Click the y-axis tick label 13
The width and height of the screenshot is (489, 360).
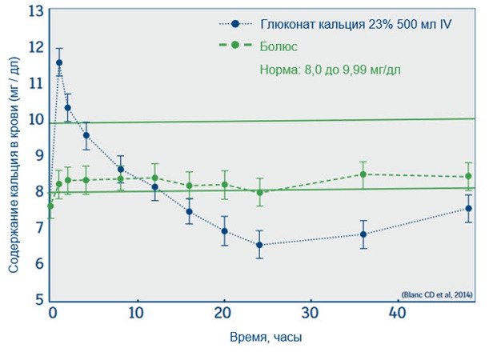coord(34,12)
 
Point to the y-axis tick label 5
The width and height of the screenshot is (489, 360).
coord(38,300)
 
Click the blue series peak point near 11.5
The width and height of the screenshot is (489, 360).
coord(59,62)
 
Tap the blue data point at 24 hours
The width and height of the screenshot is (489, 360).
coord(259,245)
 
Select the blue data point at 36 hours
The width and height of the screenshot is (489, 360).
coord(363,234)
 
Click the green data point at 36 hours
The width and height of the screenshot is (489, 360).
coord(363,174)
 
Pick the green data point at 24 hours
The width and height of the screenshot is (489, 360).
coord(259,192)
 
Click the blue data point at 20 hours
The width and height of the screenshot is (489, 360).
coord(225,231)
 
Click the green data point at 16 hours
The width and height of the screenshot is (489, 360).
coord(190,186)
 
